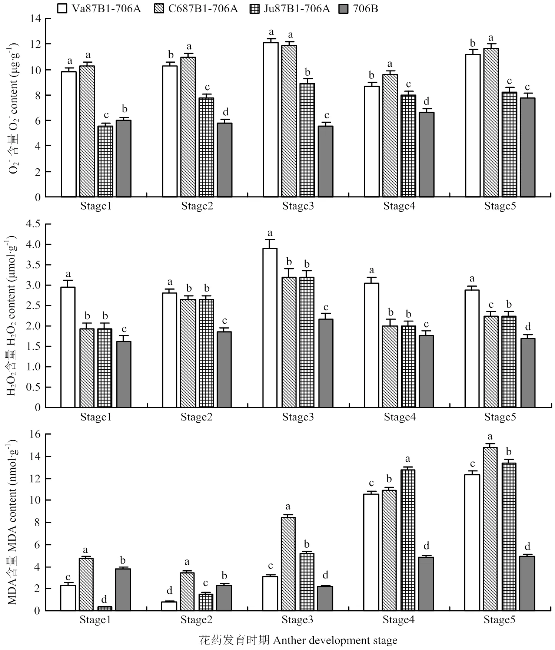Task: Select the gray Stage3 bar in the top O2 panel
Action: click(325, 161)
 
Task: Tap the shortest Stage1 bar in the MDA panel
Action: click(104, 608)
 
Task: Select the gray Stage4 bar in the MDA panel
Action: click(426, 584)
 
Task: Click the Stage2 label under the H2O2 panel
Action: click(196, 417)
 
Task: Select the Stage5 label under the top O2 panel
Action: click(500, 206)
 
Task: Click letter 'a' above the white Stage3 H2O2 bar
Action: click(270, 233)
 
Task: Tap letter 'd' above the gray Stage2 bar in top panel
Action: click(225, 112)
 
